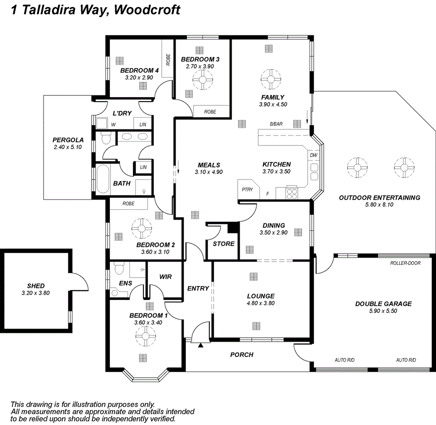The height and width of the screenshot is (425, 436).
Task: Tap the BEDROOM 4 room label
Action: (x=139, y=70)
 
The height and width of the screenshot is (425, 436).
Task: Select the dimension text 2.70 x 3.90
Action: (x=200, y=67)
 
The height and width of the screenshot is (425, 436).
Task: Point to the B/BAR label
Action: (x=276, y=124)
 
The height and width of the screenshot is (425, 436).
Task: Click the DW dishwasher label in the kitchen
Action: (x=314, y=155)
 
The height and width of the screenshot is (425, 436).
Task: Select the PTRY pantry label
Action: (x=247, y=190)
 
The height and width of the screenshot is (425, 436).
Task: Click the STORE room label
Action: (x=223, y=244)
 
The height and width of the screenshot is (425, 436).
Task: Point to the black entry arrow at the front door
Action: (x=201, y=346)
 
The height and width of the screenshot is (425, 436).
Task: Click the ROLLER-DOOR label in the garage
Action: (x=405, y=263)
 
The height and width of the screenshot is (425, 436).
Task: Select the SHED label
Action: (x=36, y=286)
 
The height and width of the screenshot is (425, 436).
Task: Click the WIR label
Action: (x=165, y=277)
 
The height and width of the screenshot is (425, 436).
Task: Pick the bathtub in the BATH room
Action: (x=102, y=178)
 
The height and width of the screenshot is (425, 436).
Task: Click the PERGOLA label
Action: (x=68, y=140)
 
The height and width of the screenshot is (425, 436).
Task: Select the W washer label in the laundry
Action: (x=113, y=125)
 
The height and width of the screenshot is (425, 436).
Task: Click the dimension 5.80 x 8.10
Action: (x=379, y=205)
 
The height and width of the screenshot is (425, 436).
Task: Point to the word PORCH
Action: (x=242, y=355)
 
